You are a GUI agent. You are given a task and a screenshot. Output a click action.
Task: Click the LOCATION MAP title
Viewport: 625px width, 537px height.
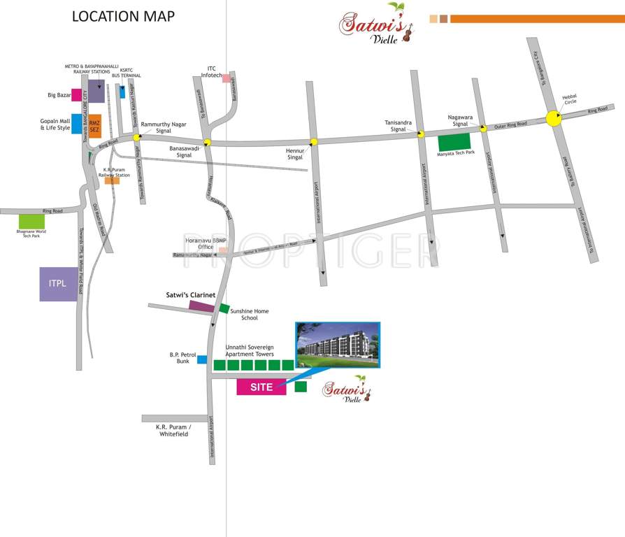pyautogui.click(x=124, y=16)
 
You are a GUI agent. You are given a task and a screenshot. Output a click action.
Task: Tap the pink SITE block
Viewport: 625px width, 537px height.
pyautogui.click(x=261, y=387)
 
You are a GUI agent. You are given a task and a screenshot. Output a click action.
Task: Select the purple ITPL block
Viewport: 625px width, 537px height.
pyautogui.click(x=59, y=284)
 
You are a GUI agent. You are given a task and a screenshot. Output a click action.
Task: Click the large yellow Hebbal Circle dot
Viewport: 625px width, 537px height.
pyautogui.click(x=554, y=117)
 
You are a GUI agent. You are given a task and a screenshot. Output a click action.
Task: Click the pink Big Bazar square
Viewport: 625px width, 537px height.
pyautogui.click(x=76, y=94)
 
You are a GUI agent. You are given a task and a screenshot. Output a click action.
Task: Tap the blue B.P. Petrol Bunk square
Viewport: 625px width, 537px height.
pyautogui.click(x=202, y=359)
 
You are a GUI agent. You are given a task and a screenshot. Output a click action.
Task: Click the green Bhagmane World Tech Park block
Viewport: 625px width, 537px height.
pyautogui.click(x=31, y=222)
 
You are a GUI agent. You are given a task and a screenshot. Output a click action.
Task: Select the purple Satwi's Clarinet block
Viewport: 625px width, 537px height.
pyautogui.click(x=202, y=306)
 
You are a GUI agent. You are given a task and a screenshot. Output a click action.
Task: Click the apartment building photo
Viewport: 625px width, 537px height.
pyautogui.click(x=338, y=345)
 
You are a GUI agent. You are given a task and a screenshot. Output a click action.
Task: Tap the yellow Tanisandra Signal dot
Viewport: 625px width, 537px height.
pyautogui.click(x=421, y=134)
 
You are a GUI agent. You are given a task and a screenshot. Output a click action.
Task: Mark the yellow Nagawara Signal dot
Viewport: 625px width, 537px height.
pyautogui.click(x=483, y=128)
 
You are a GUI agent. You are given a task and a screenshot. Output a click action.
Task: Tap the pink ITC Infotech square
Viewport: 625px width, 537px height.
pyautogui.click(x=226, y=78)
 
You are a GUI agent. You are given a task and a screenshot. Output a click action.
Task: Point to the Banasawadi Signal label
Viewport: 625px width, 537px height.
pyautogui.click(x=185, y=152)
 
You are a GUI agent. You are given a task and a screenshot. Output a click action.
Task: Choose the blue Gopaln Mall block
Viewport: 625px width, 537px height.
pyautogui.click(x=76, y=124)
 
